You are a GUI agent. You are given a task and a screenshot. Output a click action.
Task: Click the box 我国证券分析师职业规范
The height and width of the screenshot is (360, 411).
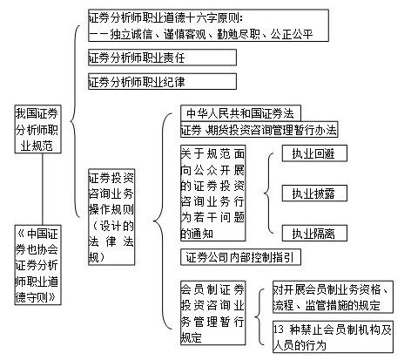click(x=38, y=130)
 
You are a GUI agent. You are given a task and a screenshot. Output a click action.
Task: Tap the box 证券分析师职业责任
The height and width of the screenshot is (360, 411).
click(x=161, y=58)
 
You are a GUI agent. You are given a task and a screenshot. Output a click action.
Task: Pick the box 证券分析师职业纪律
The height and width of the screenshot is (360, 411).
click(x=161, y=82)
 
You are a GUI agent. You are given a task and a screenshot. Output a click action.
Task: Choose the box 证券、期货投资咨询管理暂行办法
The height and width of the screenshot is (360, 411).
click(x=258, y=130)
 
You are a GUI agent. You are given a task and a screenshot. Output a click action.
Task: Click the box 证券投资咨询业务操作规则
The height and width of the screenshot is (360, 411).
click(x=110, y=215)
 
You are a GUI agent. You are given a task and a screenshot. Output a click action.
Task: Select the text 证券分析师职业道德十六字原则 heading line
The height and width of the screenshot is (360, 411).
click(x=170, y=17)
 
